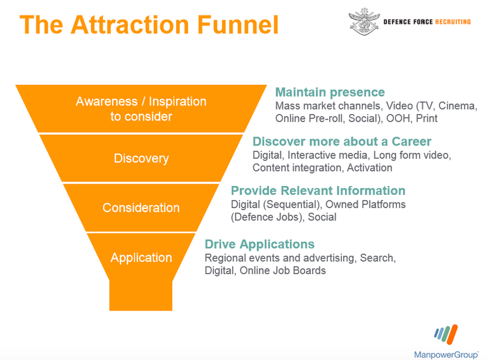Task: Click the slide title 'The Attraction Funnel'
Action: point(149,25)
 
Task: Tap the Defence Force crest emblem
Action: point(364,22)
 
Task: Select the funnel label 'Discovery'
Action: point(141,158)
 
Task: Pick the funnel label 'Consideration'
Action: point(141,208)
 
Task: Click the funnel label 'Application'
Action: point(141,258)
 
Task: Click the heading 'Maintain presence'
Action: point(330,92)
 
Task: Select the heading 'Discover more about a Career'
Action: point(342,141)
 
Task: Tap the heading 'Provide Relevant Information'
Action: point(318,190)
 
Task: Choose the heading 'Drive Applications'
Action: point(260,244)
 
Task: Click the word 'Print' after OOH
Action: point(426,118)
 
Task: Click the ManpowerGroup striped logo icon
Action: point(447,334)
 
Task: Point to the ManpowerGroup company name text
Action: point(446,352)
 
